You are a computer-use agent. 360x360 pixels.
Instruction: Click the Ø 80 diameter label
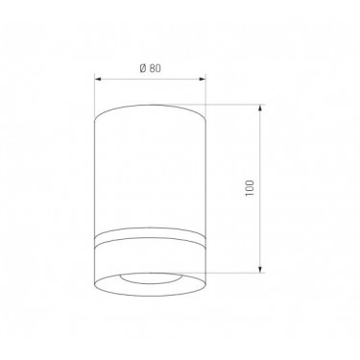tap(151, 68)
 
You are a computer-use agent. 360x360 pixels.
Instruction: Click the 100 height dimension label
tap(249, 188)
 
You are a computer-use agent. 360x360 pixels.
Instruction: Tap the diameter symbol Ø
tap(143, 68)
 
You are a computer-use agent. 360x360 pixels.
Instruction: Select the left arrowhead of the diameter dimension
tap(98, 79)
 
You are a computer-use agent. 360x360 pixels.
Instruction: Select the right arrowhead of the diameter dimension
tap(203, 79)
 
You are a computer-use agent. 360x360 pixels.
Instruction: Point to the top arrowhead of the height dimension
tap(260, 108)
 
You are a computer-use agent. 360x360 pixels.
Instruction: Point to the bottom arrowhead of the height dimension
tap(260, 270)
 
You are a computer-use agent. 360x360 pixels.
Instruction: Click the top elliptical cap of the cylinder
tap(150, 106)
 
